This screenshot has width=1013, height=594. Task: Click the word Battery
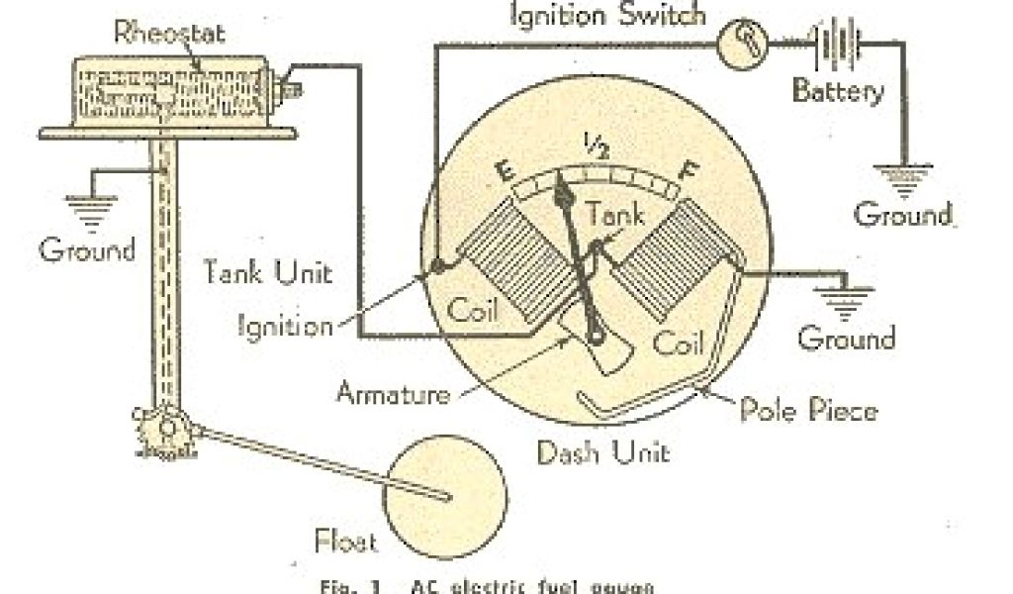(839, 93)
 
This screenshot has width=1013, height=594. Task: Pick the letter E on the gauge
(504, 181)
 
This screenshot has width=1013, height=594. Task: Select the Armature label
(394, 393)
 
